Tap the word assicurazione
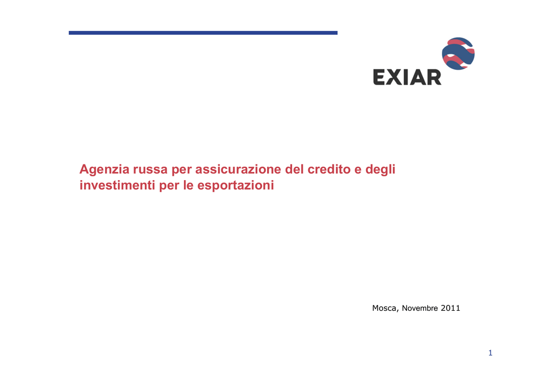pyautogui.click(x=238, y=169)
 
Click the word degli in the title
pyautogui.click(x=380, y=170)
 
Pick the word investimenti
pyautogui.click(x=117, y=185)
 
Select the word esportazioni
pyautogui.click(x=236, y=185)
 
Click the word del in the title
pyautogui.click(x=294, y=169)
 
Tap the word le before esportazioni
pyautogui.click(x=188, y=185)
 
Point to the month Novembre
pyautogui.click(x=420, y=308)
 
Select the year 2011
pyautogui.click(x=450, y=308)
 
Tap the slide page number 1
pyautogui.click(x=491, y=353)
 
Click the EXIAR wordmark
pyautogui.click(x=407, y=77)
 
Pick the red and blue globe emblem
pyautogui.click(x=458, y=54)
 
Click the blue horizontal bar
pyautogui.click(x=203, y=33)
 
